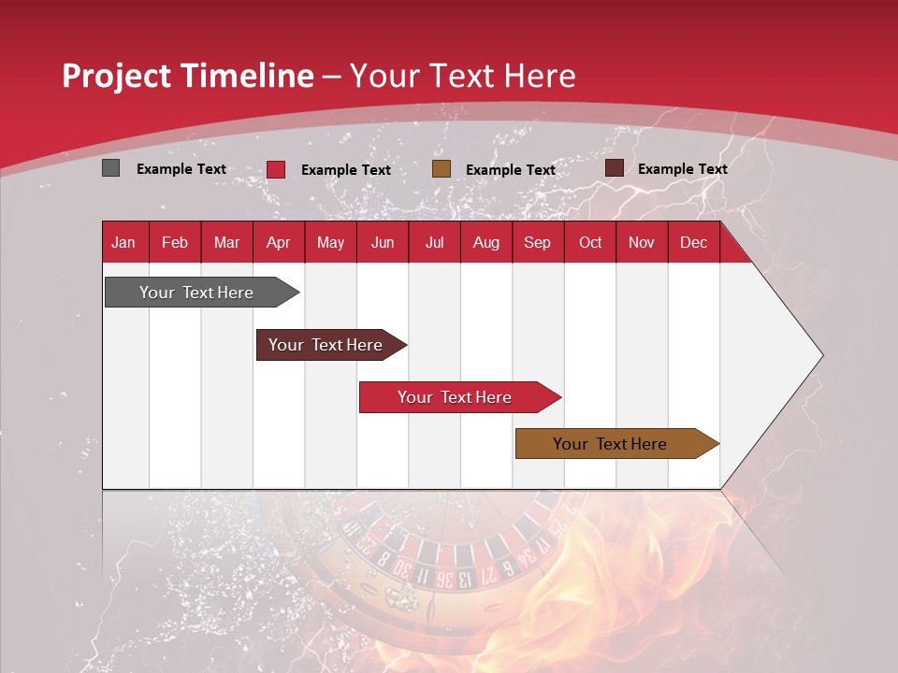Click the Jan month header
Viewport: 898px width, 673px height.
point(123,242)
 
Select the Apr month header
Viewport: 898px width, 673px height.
point(278,242)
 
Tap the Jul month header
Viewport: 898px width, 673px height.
point(434,242)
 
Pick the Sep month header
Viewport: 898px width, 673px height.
point(537,242)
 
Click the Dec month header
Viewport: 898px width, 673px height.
point(693,242)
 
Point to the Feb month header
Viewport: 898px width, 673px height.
point(175,242)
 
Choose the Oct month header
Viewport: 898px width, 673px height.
point(590,242)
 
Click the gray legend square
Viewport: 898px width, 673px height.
point(111,168)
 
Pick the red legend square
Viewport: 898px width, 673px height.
point(276,169)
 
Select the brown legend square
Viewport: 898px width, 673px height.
point(442,169)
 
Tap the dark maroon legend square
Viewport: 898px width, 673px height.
point(615,168)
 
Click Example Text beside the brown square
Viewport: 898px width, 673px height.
point(510,170)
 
